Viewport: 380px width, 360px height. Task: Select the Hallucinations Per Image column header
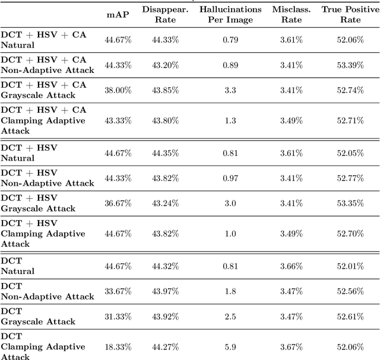pyautogui.click(x=230, y=15)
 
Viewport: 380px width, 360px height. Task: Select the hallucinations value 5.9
pyautogui.click(x=230, y=346)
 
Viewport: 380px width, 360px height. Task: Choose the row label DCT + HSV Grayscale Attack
pyautogui.click(x=39, y=203)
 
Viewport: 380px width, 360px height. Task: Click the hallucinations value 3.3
pyautogui.click(x=230, y=90)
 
